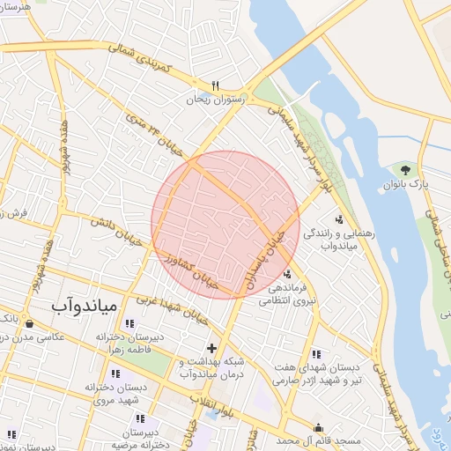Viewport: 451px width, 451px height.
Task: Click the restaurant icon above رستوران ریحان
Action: (x=214, y=85)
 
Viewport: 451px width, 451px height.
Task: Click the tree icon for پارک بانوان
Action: (x=405, y=169)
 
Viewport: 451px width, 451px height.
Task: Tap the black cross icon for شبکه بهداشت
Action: (x=211, y=349)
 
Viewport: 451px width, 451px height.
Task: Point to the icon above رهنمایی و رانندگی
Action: (x=339, y=220)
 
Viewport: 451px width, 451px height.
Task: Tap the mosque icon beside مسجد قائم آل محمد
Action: (x=318, y=429)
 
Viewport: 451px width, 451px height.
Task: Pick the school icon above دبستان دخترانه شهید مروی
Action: (x=115, y=373)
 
